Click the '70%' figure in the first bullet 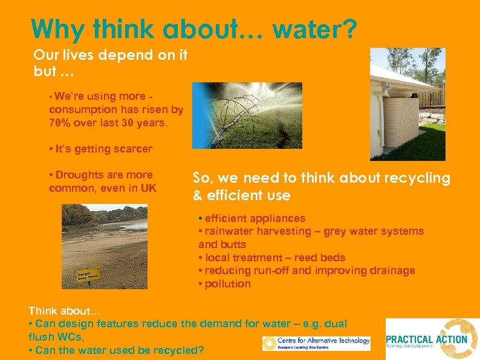click(x=61, y=123)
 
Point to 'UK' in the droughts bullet click(x=148, y=188)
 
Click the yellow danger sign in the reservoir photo click(x=88, y=276)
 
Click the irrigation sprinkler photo click(x=238, y=115)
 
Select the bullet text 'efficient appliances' click(x=255, y=218)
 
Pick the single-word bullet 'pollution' click(x=227, y=284)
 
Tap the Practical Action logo click(x=432, y=339)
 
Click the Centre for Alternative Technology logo click(x=316, y=343)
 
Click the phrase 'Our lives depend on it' click(x=111, y=54)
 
